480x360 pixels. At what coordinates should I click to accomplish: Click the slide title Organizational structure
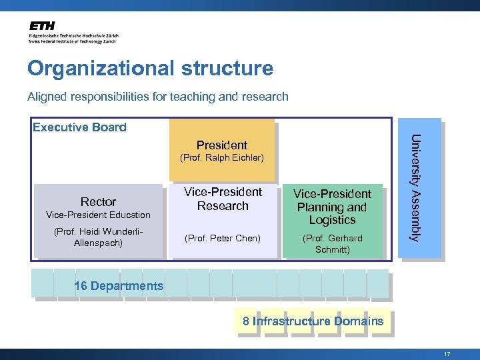coord(150,69)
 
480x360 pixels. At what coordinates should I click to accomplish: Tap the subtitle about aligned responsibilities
coord(158,97)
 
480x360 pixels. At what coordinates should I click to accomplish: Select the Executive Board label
coord(79,127)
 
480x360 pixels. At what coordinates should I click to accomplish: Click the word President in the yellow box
coord(222,145)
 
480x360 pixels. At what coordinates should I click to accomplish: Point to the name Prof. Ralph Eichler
coord(222,158)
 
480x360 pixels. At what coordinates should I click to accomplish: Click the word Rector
coord(98,201)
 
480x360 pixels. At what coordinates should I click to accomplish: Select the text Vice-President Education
coord(98,215)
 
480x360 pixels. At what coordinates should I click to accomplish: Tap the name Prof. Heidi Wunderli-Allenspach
coord(98,237)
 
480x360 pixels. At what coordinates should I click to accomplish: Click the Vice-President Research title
coord(223,199)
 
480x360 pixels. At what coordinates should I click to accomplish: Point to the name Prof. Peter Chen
coord(223,238)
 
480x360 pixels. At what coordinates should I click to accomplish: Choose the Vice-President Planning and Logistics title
coord(333,207)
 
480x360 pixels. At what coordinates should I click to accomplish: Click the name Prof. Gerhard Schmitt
coord(333,244)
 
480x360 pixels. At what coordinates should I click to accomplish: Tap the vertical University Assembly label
coord(415,188)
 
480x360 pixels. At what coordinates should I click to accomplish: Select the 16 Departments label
coord(119,286)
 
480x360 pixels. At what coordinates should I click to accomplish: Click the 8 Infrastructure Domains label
coord(313,321)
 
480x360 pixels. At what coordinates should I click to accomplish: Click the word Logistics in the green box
coord(333,220)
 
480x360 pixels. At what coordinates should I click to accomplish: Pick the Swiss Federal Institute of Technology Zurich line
coord(72,41)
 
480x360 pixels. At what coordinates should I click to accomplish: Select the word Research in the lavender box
coord(223,206)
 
